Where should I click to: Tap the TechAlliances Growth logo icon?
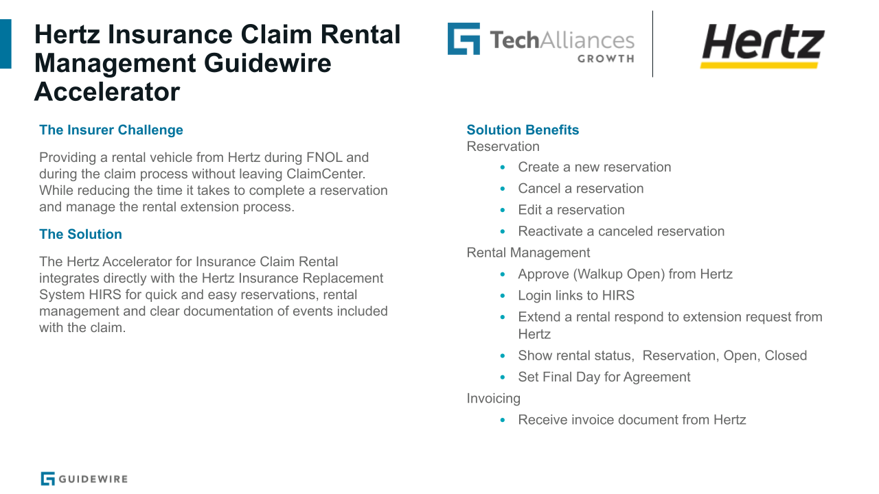464,39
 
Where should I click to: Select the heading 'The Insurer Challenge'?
111,130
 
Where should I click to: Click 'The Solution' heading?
80,234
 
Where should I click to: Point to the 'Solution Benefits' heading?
523,130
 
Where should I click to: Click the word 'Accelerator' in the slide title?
107,92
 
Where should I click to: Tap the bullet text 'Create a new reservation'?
594,167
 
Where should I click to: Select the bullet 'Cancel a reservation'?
580,188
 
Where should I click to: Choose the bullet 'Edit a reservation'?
571,210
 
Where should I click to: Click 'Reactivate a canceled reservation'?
621,231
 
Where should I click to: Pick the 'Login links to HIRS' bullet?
575,295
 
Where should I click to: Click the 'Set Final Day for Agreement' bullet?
604,377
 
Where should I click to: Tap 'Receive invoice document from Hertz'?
631,419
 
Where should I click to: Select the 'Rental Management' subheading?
528,252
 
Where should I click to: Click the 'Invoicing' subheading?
493,398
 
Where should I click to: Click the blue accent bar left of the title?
5,43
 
